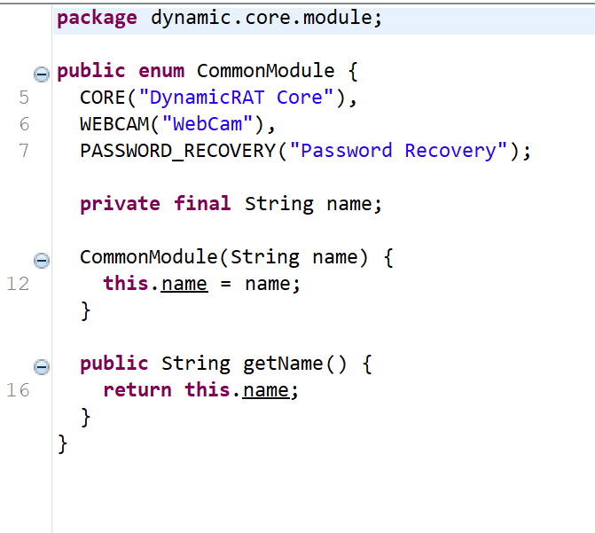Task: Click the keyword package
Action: click(97, 19)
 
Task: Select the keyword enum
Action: click(161, 71)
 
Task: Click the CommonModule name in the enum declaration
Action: click(266, 71)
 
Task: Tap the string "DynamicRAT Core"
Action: click(236, 98)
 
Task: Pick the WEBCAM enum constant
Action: click(114, 124)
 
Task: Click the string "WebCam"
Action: click(207, 124)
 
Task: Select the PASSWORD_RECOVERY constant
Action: click(177, 151)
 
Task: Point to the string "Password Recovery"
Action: click(398, 151)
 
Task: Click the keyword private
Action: click(120, 204)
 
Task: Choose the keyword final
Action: click(202, 203)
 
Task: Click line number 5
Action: click(24, 98)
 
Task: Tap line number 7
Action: click(24, 151)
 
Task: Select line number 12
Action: click(18, 284)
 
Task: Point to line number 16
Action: click(18, 390)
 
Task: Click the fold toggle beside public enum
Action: click(42, 74)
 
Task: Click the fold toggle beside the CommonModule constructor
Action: click(42, 261)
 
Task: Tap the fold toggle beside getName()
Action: click(42, 367)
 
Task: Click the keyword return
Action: click(137, 390)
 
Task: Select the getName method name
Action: click(283, 364)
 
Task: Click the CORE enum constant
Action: click(103, 98)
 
